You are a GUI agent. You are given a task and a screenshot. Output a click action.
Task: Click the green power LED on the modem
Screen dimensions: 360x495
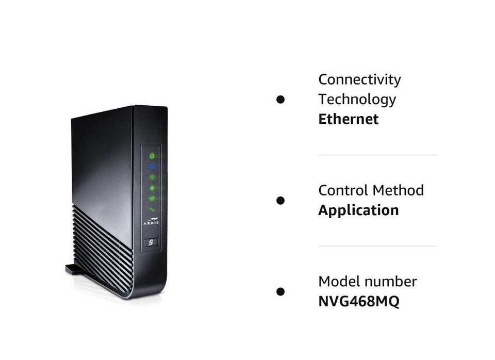[x=152, y=155]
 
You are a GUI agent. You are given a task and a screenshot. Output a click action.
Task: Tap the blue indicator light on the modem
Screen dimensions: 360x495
[x=152, y=166]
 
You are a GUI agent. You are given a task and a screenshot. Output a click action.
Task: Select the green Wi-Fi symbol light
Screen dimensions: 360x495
[x=152, y=199]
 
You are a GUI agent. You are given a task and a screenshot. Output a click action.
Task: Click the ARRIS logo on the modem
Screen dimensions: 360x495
[x=152, y=221]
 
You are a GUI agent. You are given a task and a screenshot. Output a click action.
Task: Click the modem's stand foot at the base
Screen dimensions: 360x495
[x=75, y=269]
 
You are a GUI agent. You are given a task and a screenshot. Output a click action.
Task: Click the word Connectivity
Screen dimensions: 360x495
[x=359, y=79]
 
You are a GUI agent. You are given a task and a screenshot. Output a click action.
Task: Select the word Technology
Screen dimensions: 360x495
[x=357, y=99]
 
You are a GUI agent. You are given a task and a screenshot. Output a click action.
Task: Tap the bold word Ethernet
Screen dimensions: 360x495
[x=348, y=119]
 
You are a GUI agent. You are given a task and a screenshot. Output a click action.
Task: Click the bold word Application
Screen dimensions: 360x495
[x=358, y=210]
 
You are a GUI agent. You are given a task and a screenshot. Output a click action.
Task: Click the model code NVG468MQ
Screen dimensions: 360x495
[x=358, y=302]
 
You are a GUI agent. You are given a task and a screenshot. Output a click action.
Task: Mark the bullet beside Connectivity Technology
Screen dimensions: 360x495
[x=280, y=99]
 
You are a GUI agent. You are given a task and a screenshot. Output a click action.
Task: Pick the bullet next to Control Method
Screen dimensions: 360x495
[x=280, y=200]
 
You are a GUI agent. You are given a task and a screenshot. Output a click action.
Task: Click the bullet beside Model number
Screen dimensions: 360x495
[x=280, y=291]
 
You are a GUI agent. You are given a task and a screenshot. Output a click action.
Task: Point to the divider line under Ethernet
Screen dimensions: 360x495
[x=377, y=155]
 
